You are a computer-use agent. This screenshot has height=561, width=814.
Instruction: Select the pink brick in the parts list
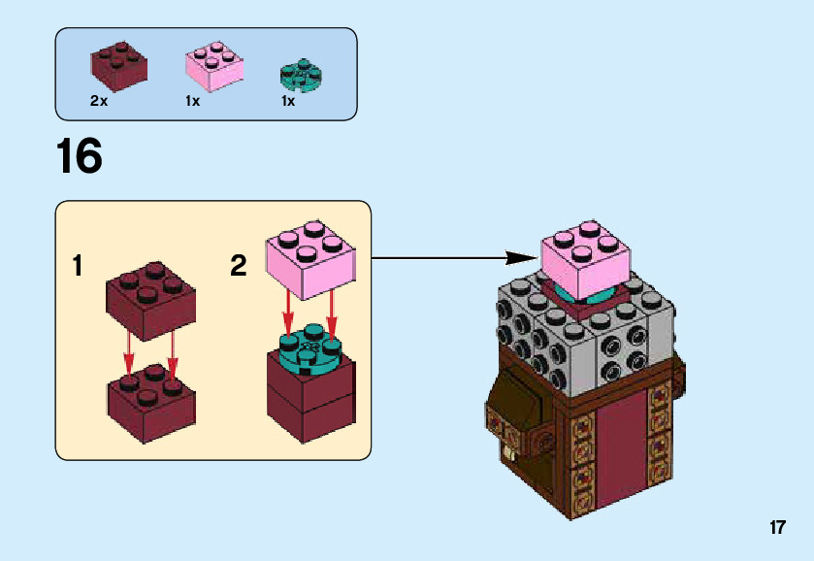[x=213, y=66]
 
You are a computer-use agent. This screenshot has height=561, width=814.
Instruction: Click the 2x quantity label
[x=99, y=101]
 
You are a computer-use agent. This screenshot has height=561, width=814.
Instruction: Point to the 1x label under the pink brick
[x=192, y=101]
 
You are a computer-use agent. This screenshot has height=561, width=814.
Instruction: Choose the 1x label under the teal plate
[x=288, y=101]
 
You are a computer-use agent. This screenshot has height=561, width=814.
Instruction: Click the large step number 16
[x=80, y=157]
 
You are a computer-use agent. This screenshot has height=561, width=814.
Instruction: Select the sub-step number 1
[x=78, y=267]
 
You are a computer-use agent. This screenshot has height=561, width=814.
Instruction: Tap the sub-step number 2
[x=239, y=266]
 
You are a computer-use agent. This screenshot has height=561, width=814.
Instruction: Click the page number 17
[x=777, y=528]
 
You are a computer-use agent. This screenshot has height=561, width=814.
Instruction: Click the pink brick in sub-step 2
[x=308, y=257]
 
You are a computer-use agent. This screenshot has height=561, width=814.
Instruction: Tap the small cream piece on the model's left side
[x=507, y=452]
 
